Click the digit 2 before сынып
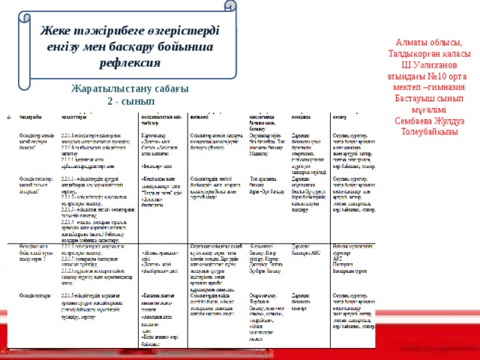click(110, 101)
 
